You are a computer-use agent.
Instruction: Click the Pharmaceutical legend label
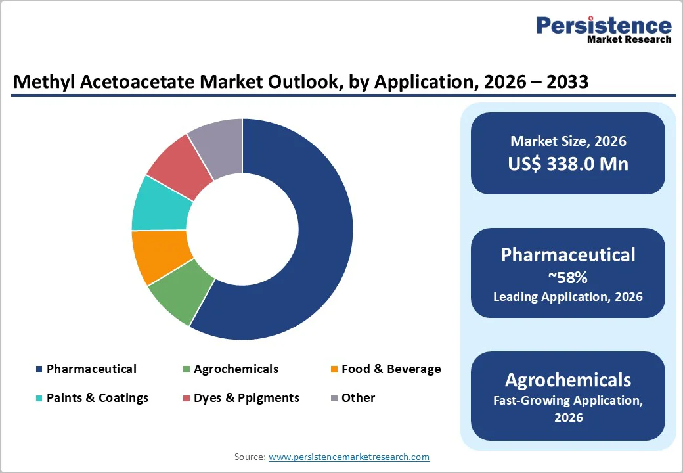click(91, 369)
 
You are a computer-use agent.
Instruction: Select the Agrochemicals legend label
click(236, 369)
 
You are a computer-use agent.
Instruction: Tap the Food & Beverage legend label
click(391, 369)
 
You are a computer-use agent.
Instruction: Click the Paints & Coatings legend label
click(97, 398)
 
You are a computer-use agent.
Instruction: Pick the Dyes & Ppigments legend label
click(246, 398)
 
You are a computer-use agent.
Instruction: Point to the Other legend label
click(358, 398)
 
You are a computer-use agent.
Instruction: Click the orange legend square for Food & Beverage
click(334, 370)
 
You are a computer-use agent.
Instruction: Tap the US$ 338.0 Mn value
click(568, 164)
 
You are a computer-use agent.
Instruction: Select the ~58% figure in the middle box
click(568, 277)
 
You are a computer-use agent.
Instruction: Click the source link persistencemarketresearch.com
click(349, 457)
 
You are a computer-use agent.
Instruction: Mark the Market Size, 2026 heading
click(568, 141)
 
